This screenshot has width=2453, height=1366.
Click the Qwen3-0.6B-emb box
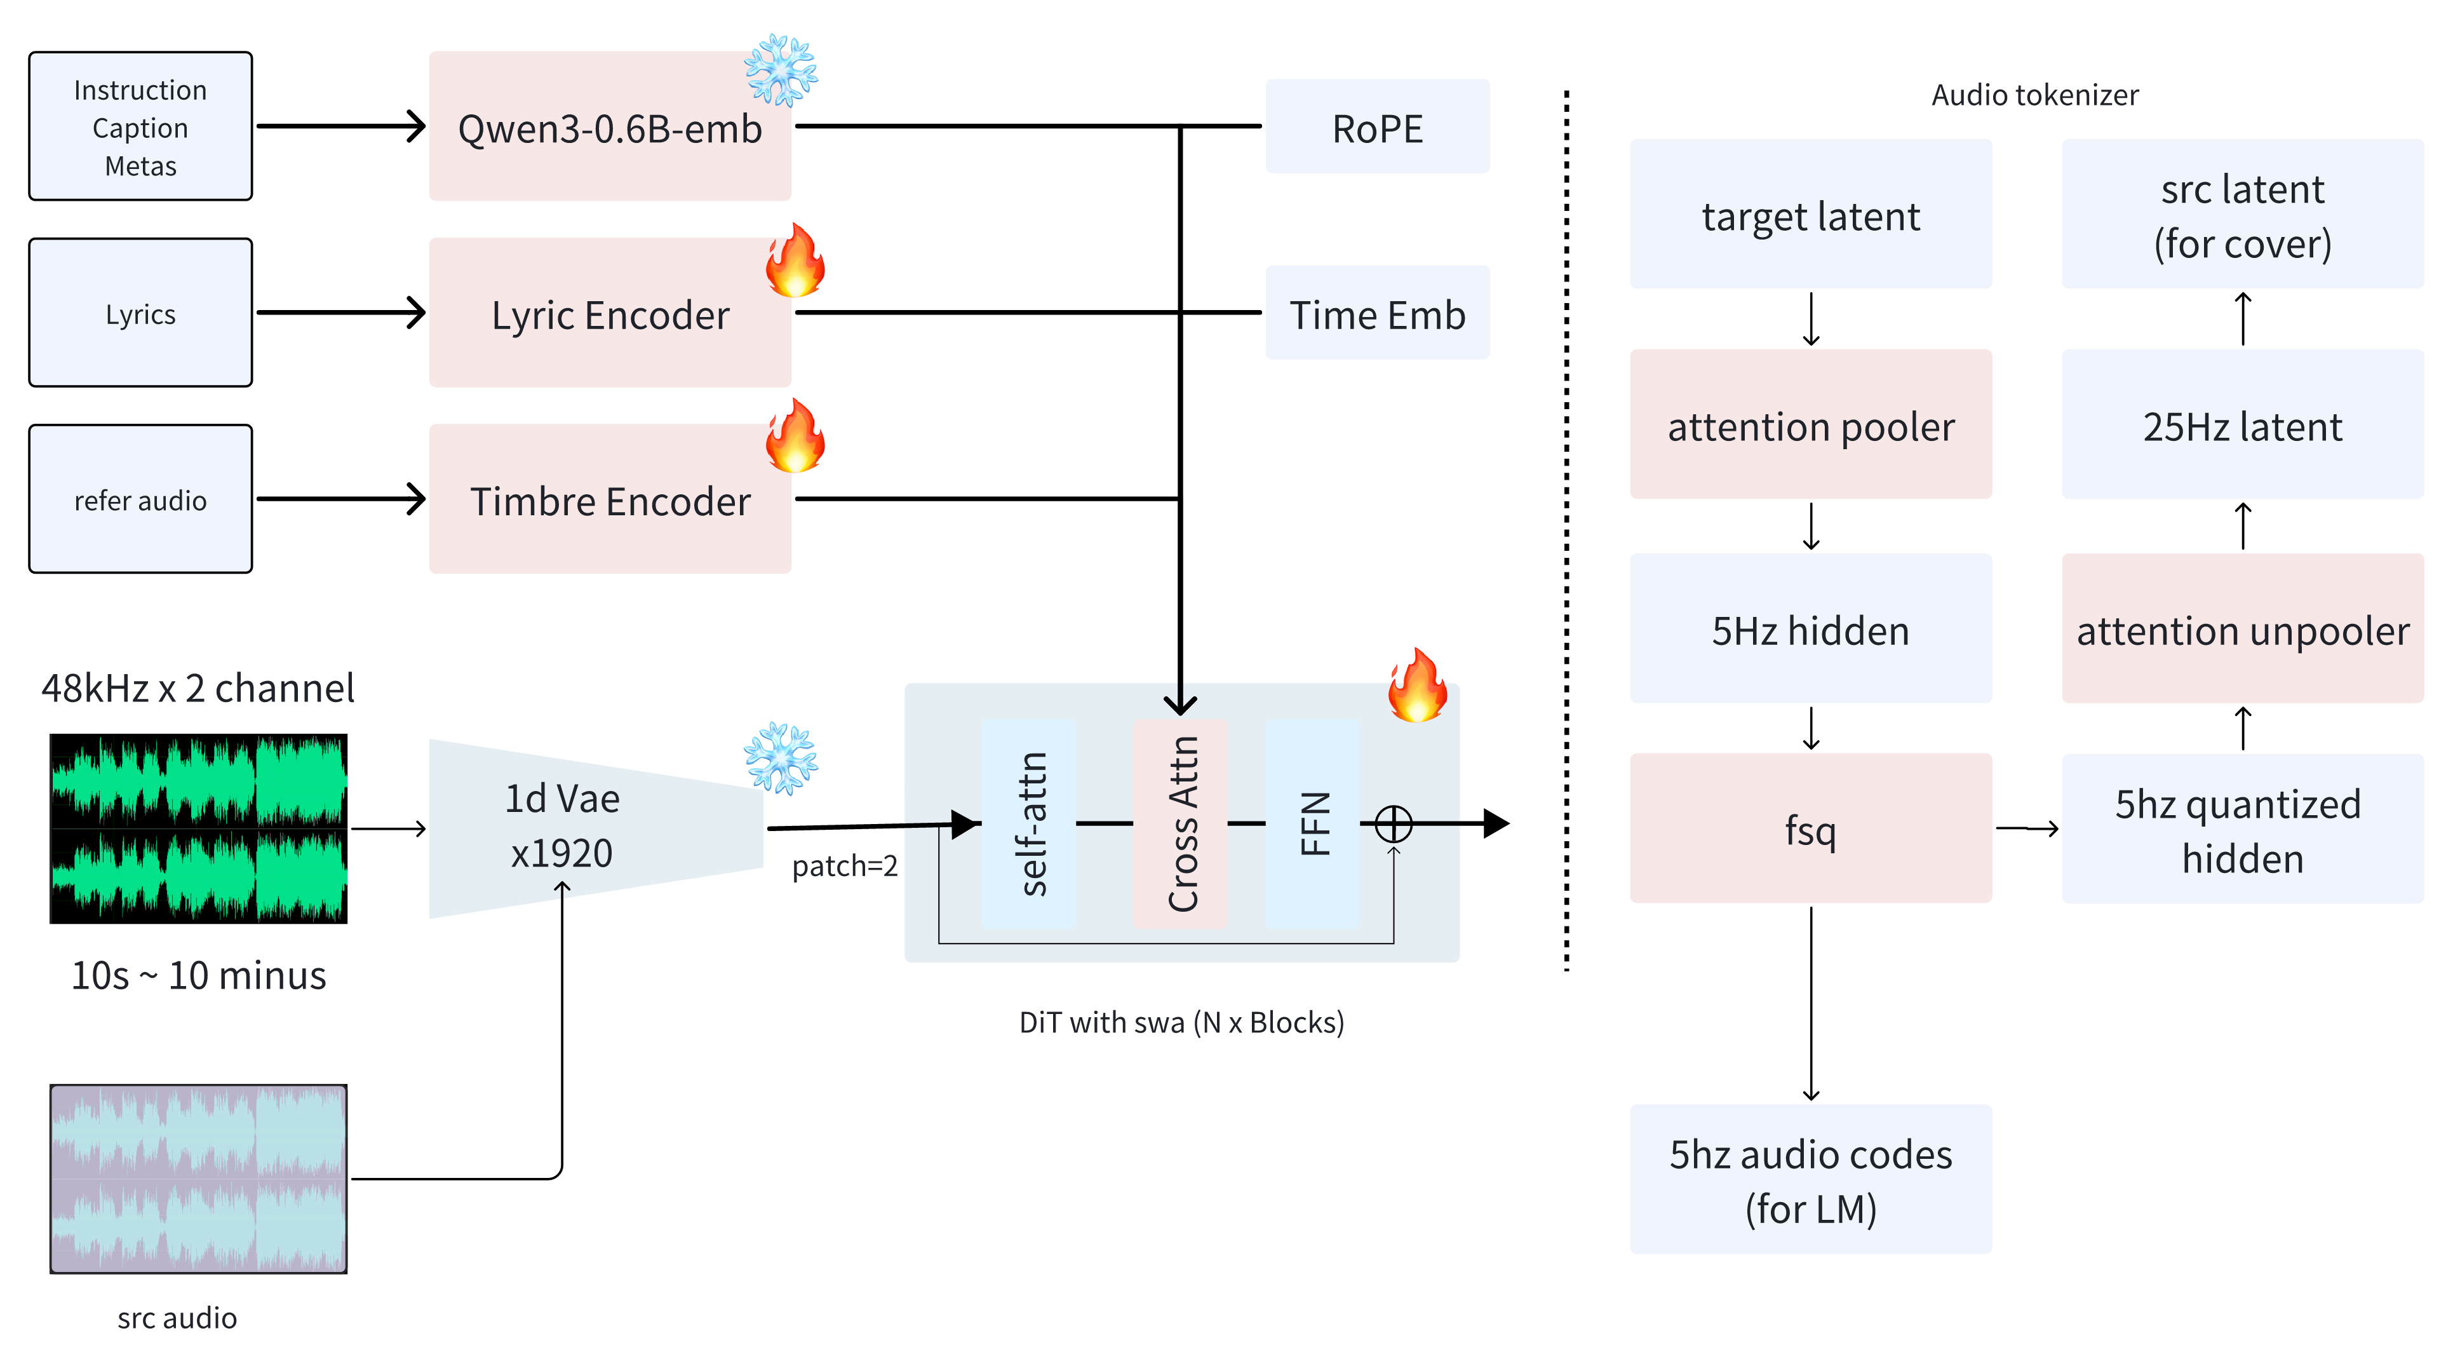[610, 126]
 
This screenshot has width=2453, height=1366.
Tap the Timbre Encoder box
[610, 500]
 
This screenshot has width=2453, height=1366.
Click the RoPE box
[1377, 126]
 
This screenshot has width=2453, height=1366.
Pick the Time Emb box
[1377, 313]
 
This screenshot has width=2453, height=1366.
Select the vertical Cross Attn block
[1181, 824]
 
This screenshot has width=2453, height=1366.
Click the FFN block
[1313, 824]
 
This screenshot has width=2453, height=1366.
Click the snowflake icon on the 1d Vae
[780, 757]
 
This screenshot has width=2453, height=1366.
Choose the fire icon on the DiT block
[1417, 685]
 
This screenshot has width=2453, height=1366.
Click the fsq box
[1810, 828]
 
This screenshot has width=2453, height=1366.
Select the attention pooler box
[1810, 425]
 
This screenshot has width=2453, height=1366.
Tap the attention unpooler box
[2243, 630]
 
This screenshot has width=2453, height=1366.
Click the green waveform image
[198, 828]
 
